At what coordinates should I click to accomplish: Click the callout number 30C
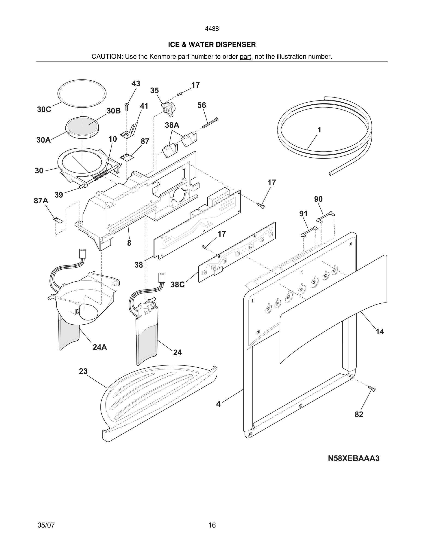(x=44, y=110)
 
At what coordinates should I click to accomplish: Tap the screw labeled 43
(x=127, y=107)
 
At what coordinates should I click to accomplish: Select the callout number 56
(x=202, y=105)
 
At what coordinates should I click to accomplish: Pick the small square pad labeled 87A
(x=58, y=220)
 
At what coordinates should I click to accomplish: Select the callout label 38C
(x=177, y=285)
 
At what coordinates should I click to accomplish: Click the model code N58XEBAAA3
(x=353, y=458)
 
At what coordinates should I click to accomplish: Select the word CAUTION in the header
(x=106, y=57)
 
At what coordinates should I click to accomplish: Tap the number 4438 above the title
(x=212, y=29)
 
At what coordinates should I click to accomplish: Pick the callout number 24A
(x=100, y=347)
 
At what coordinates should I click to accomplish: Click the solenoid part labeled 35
(x=168, y=109)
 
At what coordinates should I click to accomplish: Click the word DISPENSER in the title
(x=235, y=45)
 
